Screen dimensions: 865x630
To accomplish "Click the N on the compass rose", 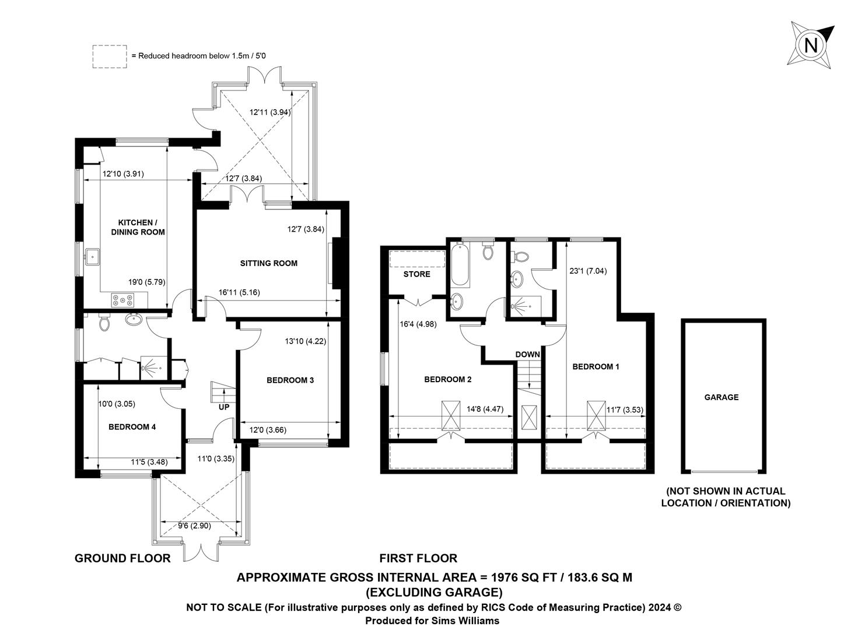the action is [811, 46].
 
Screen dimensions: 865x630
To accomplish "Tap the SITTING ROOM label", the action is [269, 264].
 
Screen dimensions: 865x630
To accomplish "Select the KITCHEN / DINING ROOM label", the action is [138, 227].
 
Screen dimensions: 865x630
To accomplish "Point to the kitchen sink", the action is [93, 257].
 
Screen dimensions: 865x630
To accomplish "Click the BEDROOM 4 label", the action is [132, 427].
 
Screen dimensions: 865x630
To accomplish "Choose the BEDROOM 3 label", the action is [290, 380].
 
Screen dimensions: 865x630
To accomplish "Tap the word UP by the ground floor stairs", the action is [224, 407].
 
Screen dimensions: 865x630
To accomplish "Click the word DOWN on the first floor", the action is [527, 354].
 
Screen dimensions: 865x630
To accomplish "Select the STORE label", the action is [416, 274].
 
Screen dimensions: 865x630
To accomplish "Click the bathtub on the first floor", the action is [460, 265].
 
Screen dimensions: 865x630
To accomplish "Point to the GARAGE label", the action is [722, 397].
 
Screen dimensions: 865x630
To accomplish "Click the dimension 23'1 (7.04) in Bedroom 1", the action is [588, 271].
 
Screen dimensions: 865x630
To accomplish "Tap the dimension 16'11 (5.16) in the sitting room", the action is [239, 292].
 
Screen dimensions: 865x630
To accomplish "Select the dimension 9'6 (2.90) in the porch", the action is [194, 526].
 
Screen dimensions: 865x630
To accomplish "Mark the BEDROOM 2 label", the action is [447, 379].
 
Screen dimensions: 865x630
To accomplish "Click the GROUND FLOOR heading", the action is [122, 558].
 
